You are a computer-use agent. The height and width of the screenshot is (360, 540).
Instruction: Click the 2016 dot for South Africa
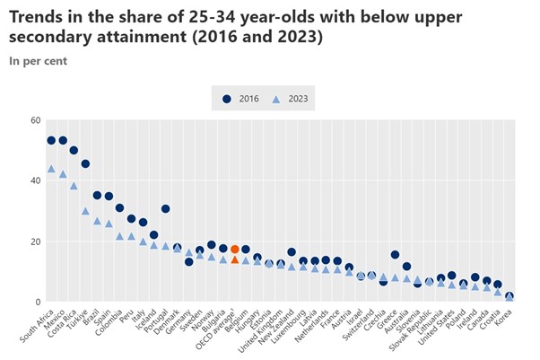(x=51, y=141)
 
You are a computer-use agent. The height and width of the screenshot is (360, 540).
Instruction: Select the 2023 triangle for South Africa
(x=51, y=169)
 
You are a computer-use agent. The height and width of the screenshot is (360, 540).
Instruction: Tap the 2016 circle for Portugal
(x=166, y=209)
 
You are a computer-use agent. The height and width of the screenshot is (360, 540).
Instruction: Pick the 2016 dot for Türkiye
(x=85, y=164)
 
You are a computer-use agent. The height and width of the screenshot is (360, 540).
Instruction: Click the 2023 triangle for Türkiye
(x=85, y=211)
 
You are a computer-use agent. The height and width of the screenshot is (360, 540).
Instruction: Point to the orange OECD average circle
(x=235, y=250)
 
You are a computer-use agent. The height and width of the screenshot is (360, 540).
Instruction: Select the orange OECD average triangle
(x=235, y=259)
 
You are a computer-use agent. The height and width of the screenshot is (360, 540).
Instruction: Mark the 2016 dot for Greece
(x=395, y=255)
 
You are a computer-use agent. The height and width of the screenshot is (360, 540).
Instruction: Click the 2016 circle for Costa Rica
(x=74, y=151)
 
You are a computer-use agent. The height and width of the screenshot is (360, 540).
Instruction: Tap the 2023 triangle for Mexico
(x=63, y=175)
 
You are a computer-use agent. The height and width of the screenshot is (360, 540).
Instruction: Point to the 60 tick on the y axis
(x=35, y=120)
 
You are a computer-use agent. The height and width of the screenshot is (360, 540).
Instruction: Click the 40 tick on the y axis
(x=35, y=180)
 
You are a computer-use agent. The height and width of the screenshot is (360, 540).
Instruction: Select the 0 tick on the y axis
(x=38, y=303)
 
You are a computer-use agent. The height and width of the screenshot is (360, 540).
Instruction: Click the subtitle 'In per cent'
(x=37, y=61)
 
